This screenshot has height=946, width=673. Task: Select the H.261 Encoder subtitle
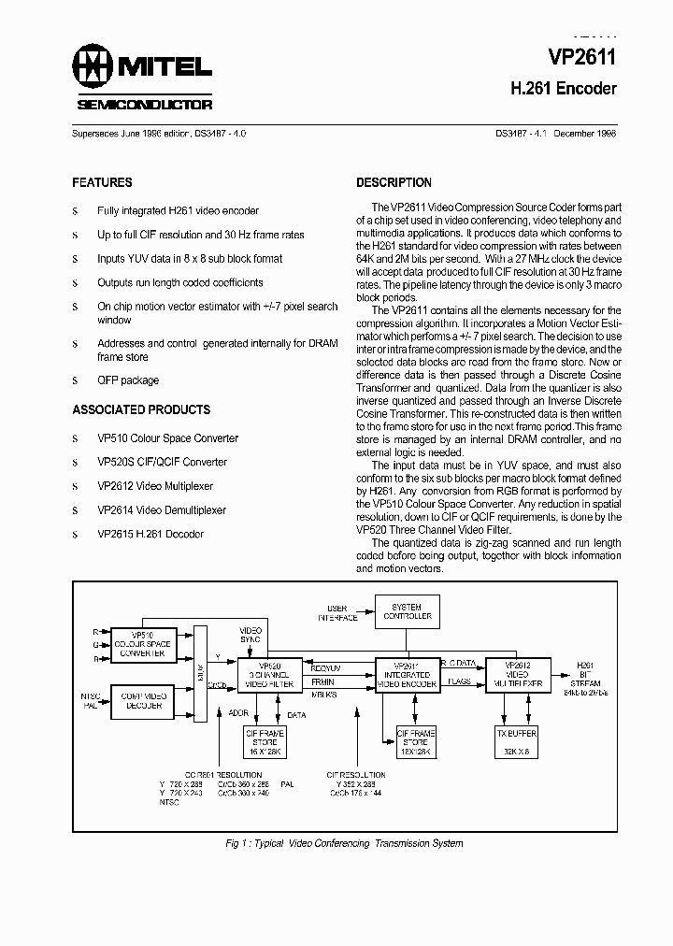[x=563, y=90]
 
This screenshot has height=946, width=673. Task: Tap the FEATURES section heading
[x=102, y=182]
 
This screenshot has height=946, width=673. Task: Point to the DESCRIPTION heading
[x=394, y=182]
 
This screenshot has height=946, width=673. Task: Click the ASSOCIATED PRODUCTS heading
[x=141, y=409]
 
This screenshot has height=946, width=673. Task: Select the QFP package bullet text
[x=128, y=380]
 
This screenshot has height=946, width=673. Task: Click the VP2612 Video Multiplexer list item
[x=155, y=486]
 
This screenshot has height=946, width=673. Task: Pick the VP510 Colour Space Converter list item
[x=167, y=437]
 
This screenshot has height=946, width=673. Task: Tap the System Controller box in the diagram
[x=408, y=611]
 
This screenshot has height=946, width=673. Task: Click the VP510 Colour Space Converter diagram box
[x=143, y=645]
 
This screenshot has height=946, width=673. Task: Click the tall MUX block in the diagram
[x=198, y=670]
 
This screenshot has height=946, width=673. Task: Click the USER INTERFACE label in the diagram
[x=336, y=612]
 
